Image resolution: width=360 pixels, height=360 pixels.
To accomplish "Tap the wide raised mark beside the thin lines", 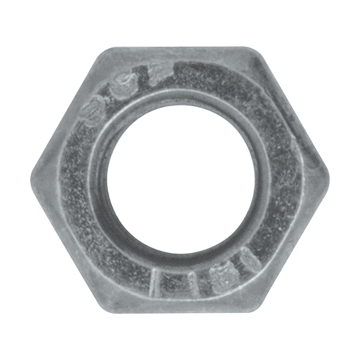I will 218,276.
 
